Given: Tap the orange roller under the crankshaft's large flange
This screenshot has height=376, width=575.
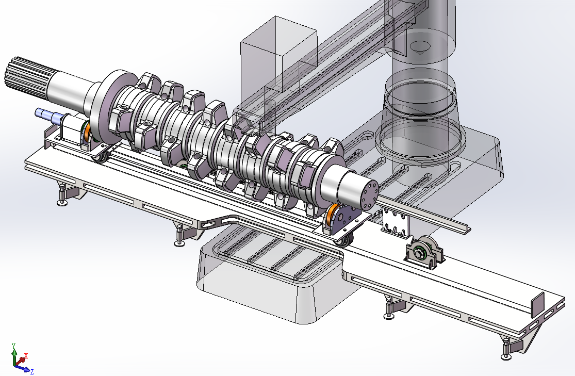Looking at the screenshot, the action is point(87,132).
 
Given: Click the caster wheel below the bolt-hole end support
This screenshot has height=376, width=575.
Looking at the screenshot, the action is point(344,241).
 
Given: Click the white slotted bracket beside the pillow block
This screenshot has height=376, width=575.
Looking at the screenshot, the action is point(396,222).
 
